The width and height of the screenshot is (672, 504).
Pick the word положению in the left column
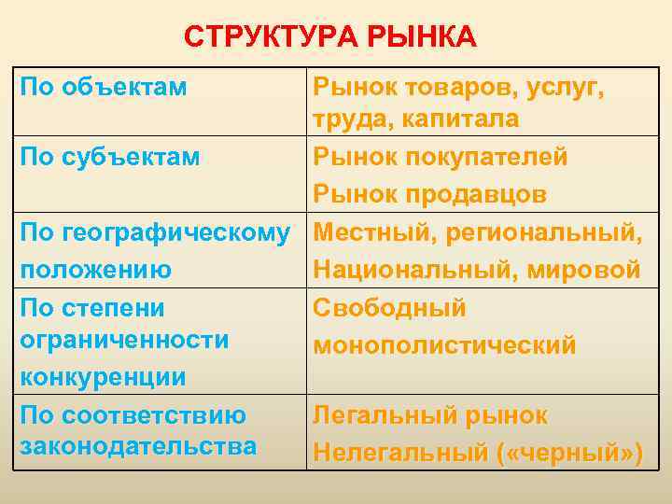95,270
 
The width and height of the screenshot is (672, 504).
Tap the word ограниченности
123,341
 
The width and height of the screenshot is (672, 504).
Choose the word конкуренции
103,377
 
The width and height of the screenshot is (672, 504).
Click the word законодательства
137,446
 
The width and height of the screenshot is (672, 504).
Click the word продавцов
474,194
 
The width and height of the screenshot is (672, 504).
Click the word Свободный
389,308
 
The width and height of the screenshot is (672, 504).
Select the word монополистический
444,345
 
